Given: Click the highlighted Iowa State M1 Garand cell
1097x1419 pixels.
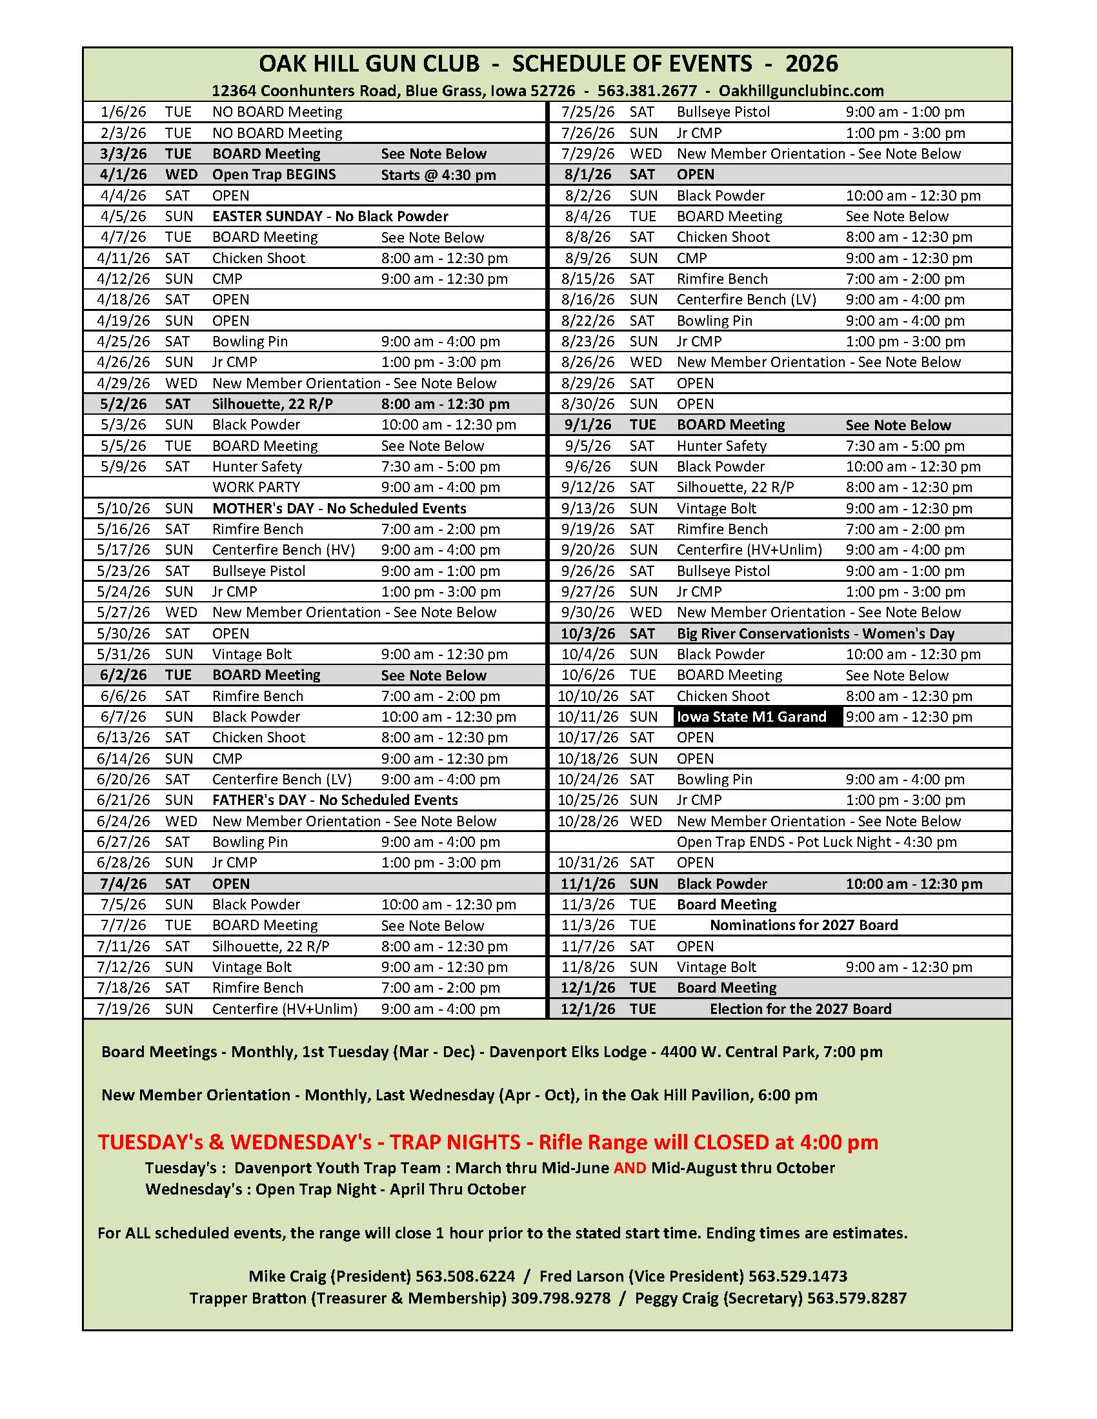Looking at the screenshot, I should pyautogui.click(x=752, y=717).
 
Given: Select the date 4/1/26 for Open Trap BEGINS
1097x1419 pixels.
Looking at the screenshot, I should pyautogui.click(x=123, y=175).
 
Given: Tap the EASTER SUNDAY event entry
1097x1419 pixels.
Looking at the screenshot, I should pyautogui.click(x=330, y=216).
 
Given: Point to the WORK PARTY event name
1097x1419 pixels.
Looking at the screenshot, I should pyautogui.click(x=256, y=487).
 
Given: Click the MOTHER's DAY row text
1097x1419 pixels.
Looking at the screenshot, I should pyautogui.click(x=339, y=508).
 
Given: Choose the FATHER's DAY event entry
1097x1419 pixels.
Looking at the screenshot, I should pyautogui.click(x=335, y=800).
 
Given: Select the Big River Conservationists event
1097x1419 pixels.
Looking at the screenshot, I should pyautogui.click(x=815, y=633).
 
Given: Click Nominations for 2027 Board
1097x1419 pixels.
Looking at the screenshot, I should pyautogui.click(x=803, y=925).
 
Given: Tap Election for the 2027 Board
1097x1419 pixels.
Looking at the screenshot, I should pyautogui.click(x=800, y=1009).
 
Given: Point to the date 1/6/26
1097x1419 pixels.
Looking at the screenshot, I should pyautogui.click(x=123, y=112).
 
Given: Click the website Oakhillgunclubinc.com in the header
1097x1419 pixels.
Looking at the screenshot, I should pyautogui.click(x=801, y=91).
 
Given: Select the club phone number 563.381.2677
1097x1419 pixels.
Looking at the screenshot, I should pyautogui.click(x=647, y=91).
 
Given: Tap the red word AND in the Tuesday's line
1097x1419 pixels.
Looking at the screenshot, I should pyautogui.click(x=629, y=1168).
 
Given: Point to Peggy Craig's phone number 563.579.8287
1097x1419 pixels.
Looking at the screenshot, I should pyautogui.click(x=856, y=1298).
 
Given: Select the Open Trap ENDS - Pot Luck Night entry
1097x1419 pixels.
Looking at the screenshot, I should pyautogui.click(x=816, y=842).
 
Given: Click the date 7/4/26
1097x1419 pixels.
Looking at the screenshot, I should pyautogui.click(x=123, y=884).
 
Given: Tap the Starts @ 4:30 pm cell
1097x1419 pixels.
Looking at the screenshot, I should pyautogui.click(x=438, y=175).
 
